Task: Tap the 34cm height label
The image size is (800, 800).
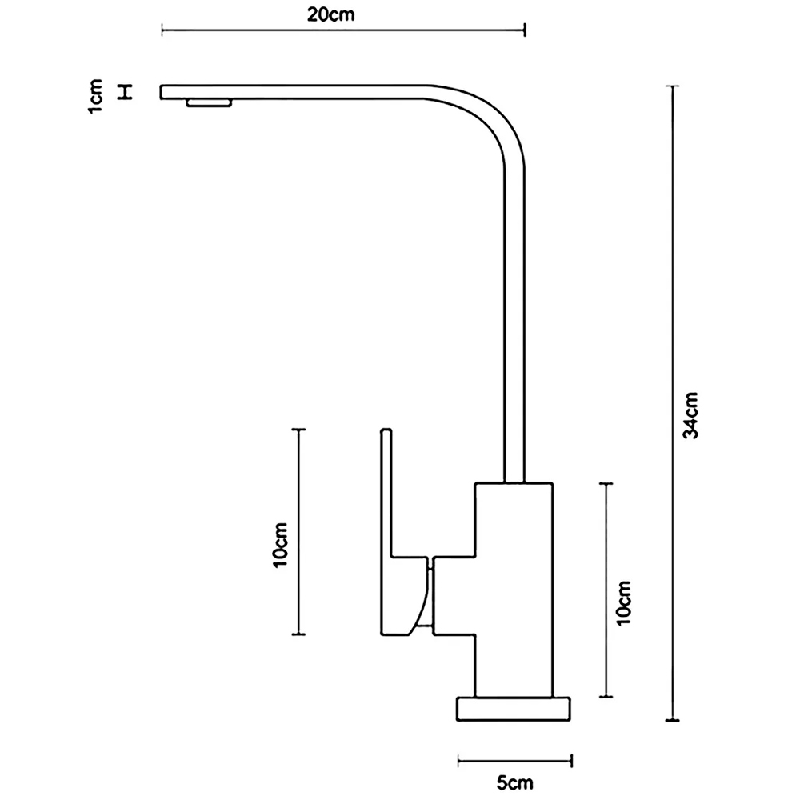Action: [693, 414]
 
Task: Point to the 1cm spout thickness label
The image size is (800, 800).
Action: [97, 96]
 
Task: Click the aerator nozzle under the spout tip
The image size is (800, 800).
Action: [210, 102]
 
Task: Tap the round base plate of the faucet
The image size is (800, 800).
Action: [515, 710]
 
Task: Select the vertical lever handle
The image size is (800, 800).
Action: [387, 496]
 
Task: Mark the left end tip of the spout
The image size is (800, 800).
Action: [164, 92]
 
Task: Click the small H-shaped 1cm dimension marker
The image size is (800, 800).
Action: [125, 92]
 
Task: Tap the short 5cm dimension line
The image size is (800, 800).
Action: [515, 758]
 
